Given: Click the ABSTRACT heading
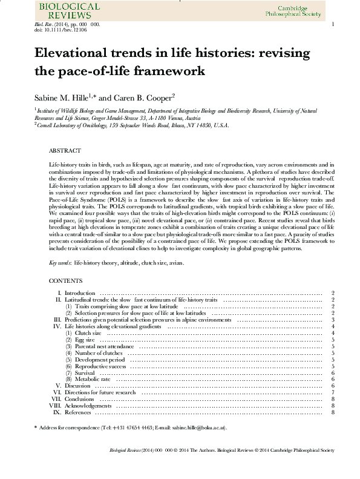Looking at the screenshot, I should pos(64,150).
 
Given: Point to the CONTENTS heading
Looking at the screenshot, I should pos(65,282).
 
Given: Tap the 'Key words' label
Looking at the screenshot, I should pos(60,263).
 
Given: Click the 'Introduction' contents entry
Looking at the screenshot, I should pos(80,293).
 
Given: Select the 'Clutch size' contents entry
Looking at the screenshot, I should pos(88,333).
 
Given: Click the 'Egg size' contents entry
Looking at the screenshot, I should pos(84,340).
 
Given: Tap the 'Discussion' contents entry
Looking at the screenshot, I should pos(77,386).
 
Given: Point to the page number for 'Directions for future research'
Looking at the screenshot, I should pos(333,392).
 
